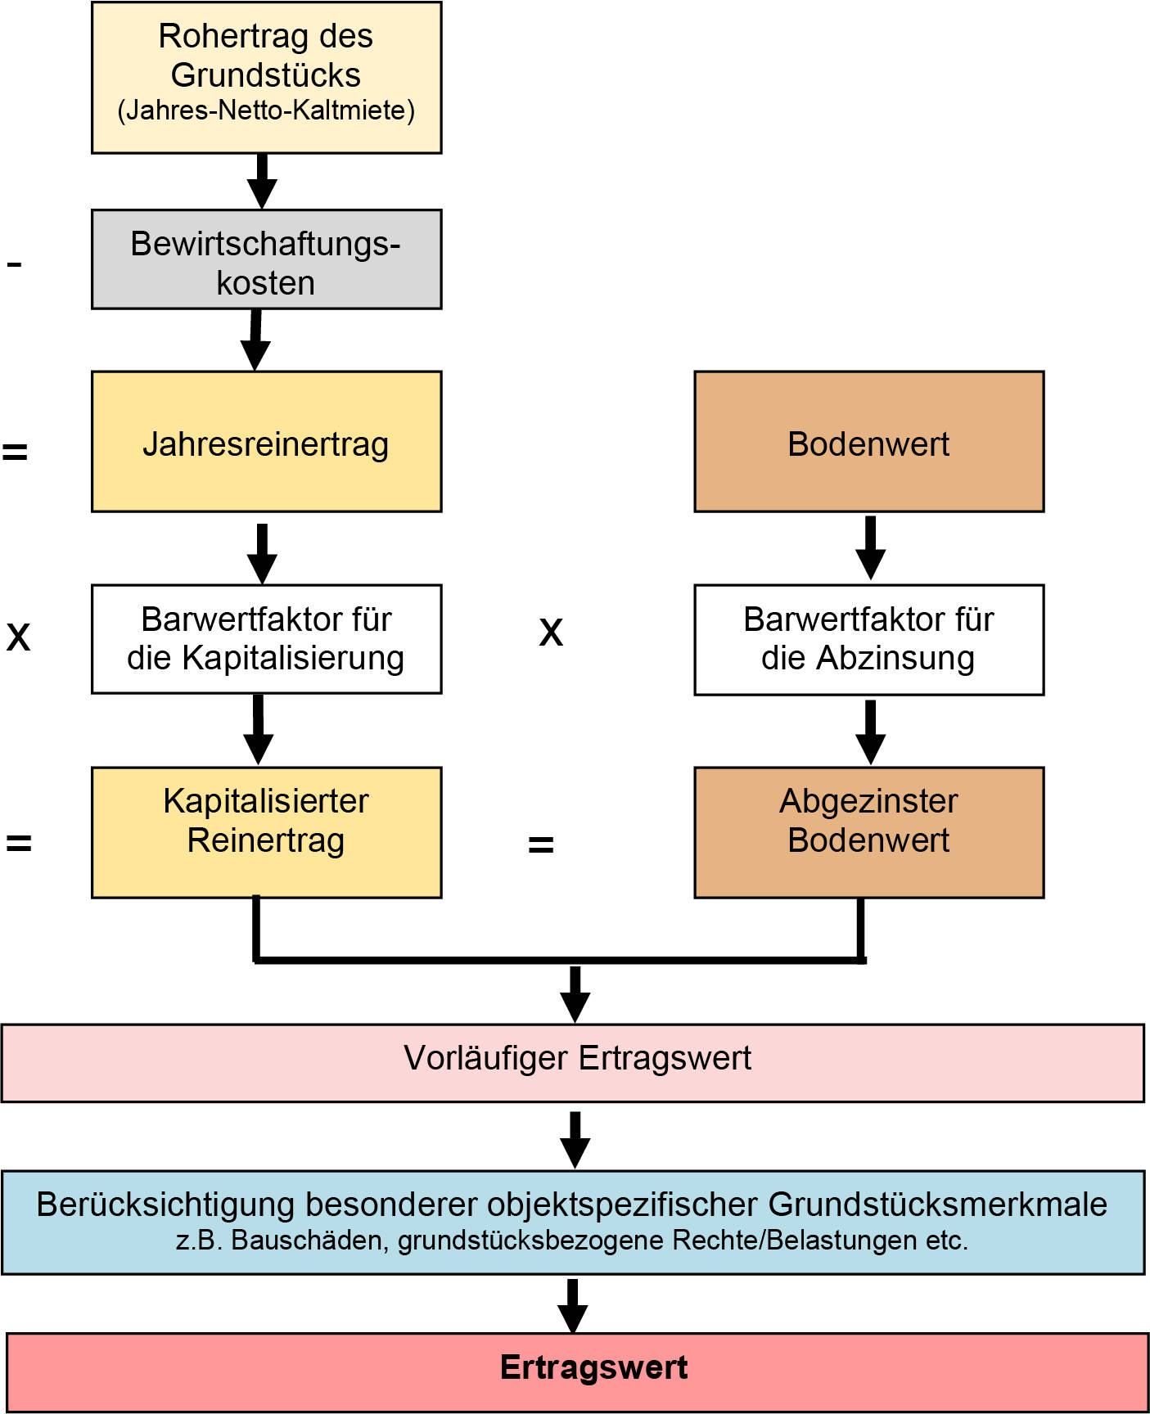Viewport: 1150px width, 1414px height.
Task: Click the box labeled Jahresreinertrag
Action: (266, 443)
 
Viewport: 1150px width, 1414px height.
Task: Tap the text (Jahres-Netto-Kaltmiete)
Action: (266, 110)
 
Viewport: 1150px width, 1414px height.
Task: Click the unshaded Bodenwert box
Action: (868, 443)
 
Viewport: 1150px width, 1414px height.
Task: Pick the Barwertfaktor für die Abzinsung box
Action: (868, 640)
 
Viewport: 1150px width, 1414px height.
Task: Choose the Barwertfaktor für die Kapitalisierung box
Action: (266, 639)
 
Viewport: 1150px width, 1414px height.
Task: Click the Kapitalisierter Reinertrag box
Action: (266, 832)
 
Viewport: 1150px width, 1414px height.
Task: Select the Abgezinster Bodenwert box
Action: (868, 832)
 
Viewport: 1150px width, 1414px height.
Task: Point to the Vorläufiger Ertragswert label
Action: (577, 1058)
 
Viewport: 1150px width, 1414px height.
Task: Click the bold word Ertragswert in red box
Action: (593, 1368)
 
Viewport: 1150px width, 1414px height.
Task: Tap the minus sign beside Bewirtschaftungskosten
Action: (14, 263)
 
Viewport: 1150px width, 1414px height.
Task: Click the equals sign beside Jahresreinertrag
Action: (15, 451)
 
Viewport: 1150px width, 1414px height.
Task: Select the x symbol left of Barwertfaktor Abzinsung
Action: (551, 632)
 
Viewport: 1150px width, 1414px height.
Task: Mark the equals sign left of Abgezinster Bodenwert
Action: (541, 844)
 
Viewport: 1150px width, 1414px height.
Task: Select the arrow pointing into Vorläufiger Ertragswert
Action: (575, 993)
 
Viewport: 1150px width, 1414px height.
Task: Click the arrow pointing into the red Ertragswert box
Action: (573, 1306)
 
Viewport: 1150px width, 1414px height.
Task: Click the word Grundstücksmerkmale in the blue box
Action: (937, 1205)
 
